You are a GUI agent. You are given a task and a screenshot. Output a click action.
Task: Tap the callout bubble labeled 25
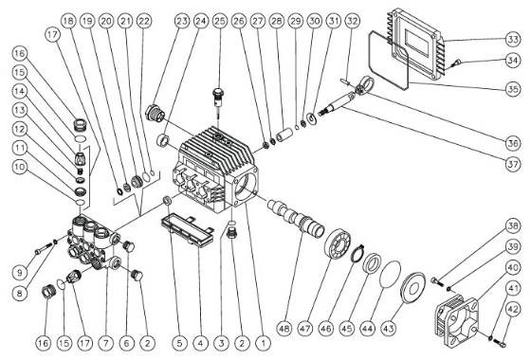pos(219,20)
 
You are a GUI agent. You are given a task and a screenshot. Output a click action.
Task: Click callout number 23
pos(179,20)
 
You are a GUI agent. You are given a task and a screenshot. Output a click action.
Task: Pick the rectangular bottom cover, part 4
pos(184,225)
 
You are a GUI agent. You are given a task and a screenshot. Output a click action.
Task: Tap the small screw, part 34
pos(458,63)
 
